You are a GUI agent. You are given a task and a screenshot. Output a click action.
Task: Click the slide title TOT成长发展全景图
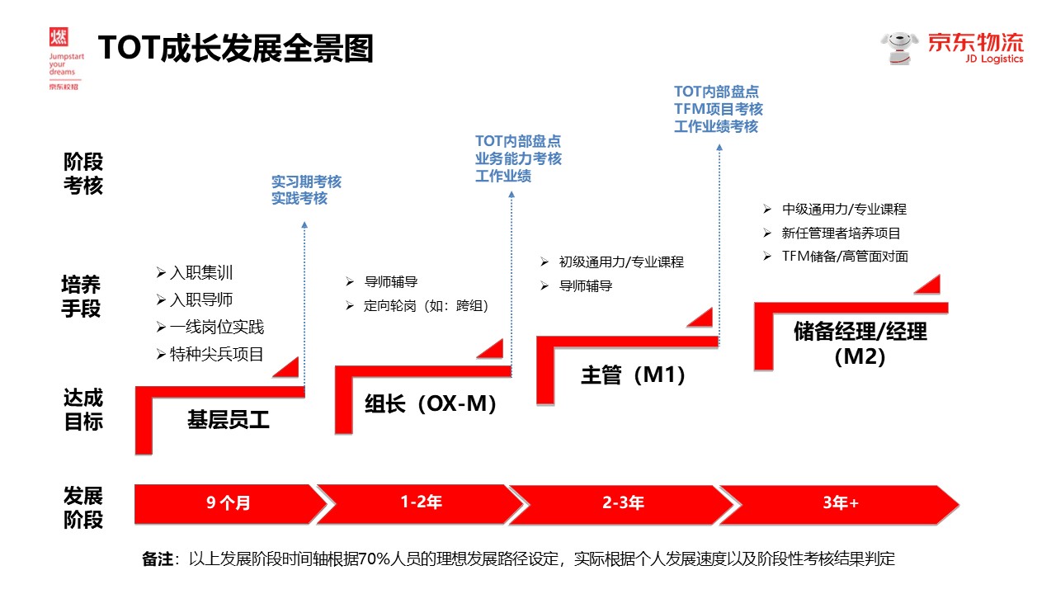235,49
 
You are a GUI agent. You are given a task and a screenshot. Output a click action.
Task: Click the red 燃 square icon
59,36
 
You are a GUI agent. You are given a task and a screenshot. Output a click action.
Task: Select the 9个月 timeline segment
227,503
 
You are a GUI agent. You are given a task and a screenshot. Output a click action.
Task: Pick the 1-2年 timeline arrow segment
421,502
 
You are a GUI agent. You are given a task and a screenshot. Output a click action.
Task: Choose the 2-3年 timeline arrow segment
623,502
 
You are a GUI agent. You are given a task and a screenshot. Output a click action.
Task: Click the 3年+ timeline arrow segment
840,502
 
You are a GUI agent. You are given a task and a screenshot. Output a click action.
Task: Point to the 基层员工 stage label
229,420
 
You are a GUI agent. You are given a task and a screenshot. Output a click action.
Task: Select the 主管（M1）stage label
634,375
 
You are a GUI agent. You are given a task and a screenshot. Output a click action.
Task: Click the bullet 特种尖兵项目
216,355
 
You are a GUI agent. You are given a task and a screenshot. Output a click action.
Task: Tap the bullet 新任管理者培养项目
841,233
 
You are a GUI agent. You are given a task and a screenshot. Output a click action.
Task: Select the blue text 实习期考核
306,181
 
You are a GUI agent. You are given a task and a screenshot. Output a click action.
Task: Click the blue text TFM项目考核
718,109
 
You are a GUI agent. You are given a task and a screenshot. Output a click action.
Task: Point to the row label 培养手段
82,297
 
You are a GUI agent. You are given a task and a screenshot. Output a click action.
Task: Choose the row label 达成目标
83,410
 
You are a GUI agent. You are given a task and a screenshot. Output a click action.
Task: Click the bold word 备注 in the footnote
158,559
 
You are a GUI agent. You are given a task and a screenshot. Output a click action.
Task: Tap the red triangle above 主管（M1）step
700,318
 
